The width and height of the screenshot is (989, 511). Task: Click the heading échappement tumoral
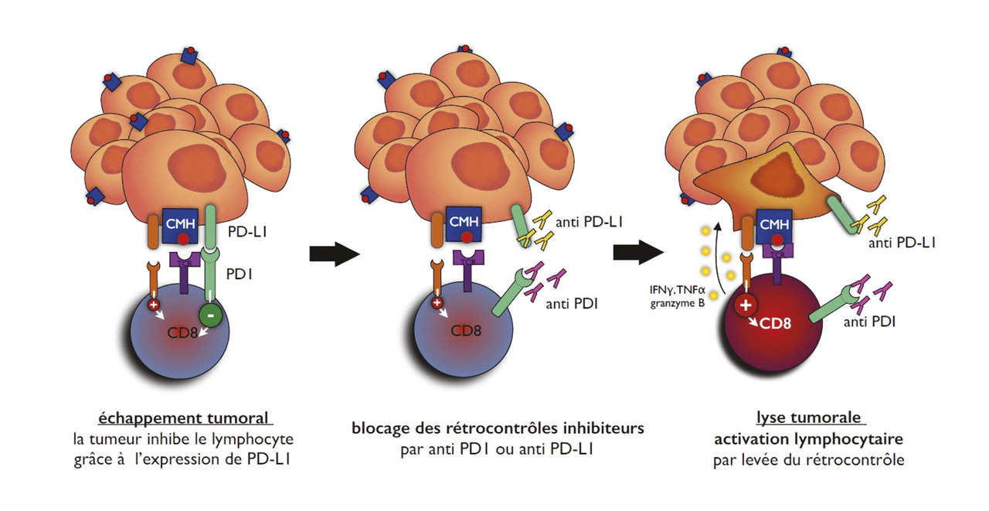[x=185, y=418]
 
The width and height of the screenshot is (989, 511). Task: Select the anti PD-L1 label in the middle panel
[x=585, y=223]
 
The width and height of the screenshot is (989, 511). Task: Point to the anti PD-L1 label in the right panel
[x=903, y=243]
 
